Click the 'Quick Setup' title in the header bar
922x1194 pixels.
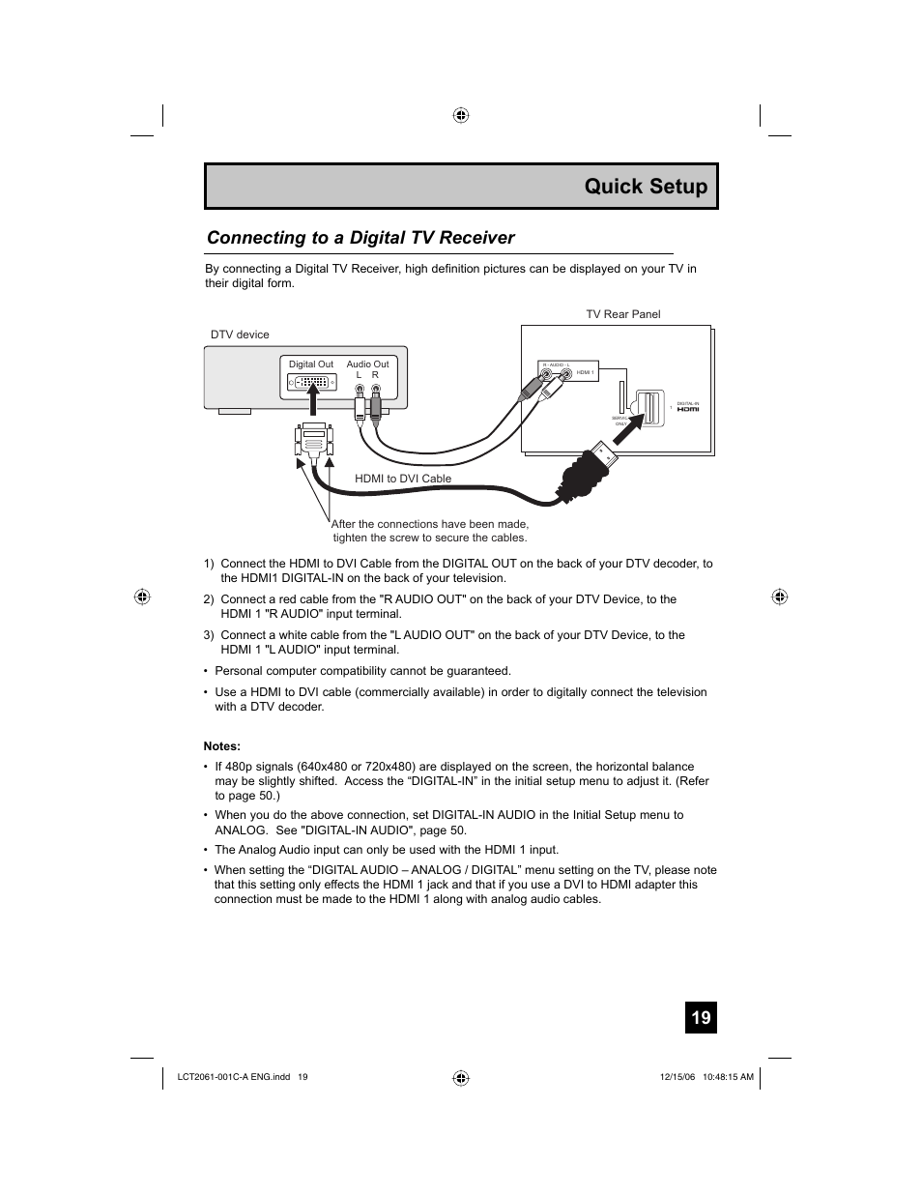point(646,187)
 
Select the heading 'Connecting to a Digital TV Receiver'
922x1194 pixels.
point(360,238)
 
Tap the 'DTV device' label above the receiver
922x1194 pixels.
point(240,335)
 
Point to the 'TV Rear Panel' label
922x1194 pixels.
point(623,314)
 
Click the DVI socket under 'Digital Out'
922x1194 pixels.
point(311,383)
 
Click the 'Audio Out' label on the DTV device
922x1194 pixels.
point(367,364)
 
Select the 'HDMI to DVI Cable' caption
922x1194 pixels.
point(403,479)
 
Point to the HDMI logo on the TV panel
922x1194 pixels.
point(687,409)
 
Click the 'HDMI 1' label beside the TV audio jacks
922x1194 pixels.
point(585,372)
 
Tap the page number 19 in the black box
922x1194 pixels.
point(701,1017)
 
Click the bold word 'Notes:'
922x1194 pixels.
point(221,745)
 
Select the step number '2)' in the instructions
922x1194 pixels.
point(209,599)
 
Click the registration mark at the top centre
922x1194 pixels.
point(461,115)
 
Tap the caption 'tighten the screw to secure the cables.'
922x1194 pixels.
point(430,538)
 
